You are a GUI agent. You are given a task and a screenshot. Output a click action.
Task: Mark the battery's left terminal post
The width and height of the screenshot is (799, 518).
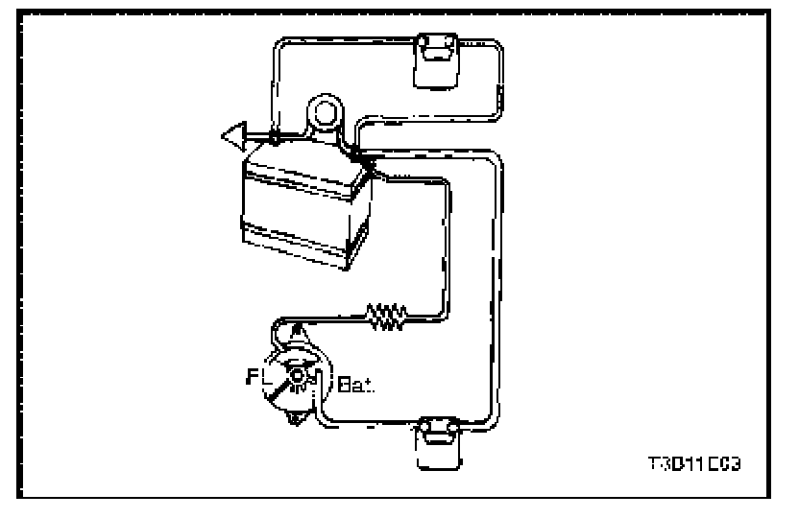[x=276, y=139]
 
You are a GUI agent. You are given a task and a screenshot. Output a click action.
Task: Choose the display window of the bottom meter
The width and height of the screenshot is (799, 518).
[x=438, y=437]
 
